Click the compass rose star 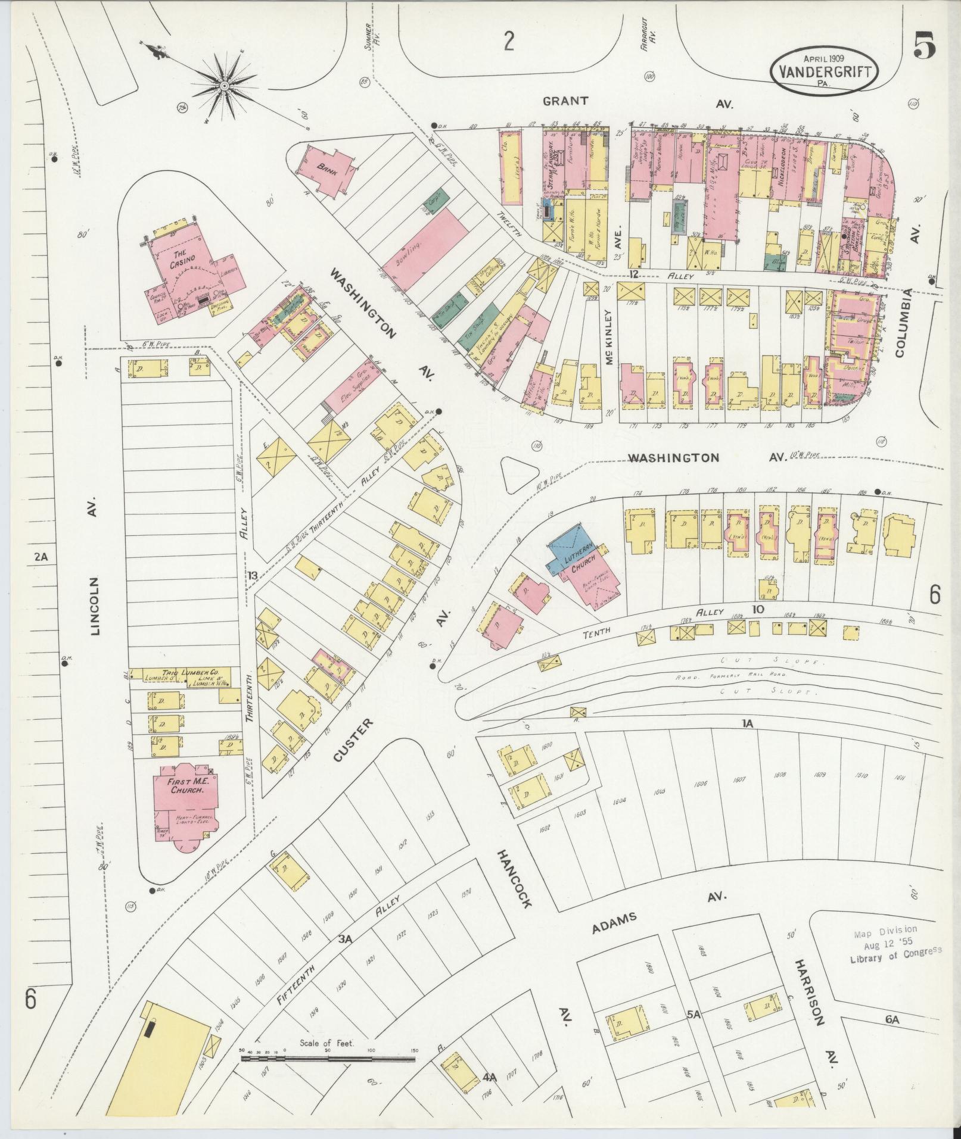pos(225,87)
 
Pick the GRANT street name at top pos(565,101)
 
